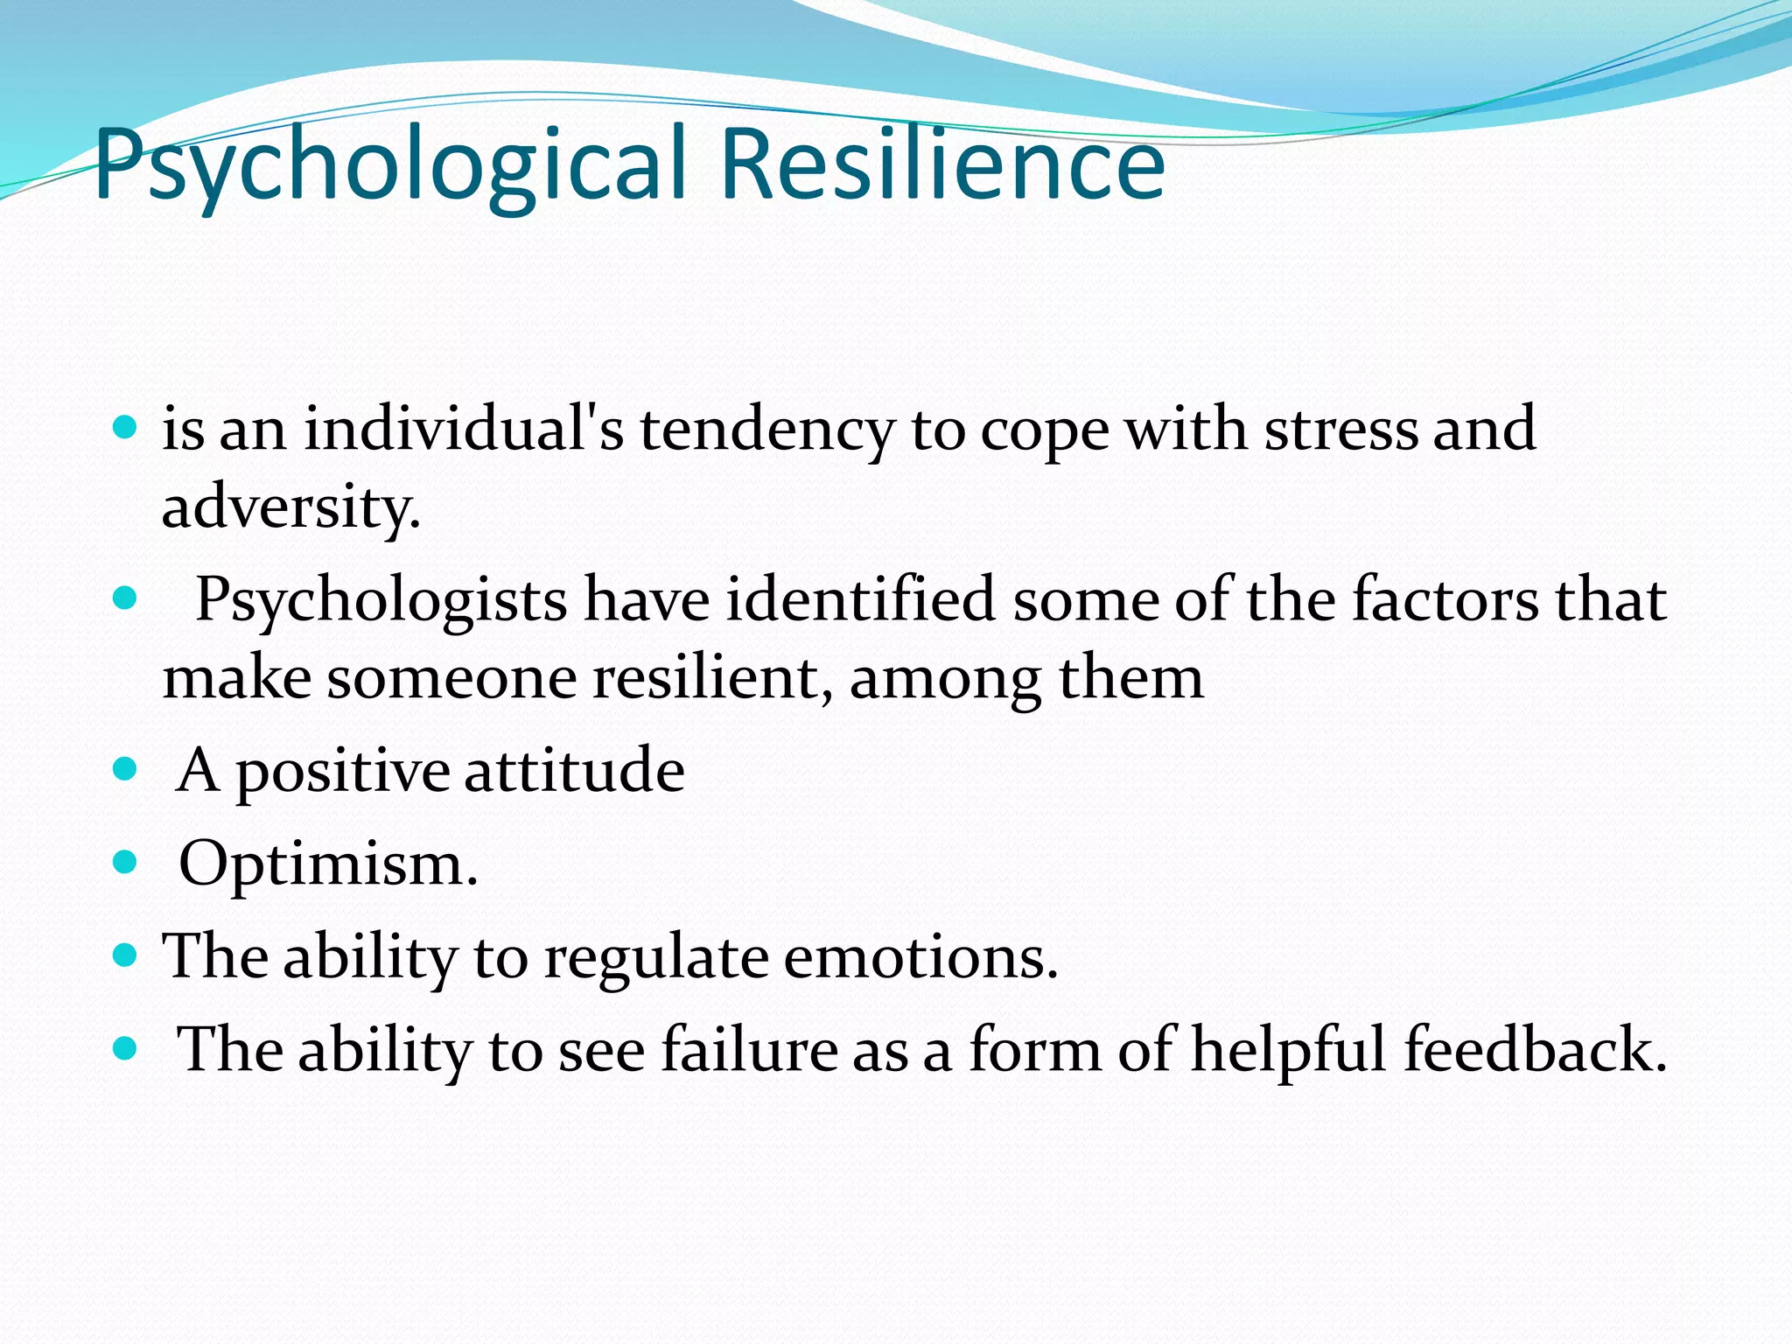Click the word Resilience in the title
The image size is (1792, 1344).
942,164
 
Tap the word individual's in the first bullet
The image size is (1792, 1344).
464,430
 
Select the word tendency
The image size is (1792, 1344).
766,431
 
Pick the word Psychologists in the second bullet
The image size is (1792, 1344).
381,601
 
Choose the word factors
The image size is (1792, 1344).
1445,599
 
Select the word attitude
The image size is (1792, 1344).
574,771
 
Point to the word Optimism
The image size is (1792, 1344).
328,864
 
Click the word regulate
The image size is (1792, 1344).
655,958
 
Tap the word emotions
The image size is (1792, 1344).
920,956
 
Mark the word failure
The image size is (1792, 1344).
749,1049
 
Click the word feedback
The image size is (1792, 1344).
1536,1049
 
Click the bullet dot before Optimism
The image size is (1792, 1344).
126,863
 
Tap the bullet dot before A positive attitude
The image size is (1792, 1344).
126,770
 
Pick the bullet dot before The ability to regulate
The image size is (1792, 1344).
126,955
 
